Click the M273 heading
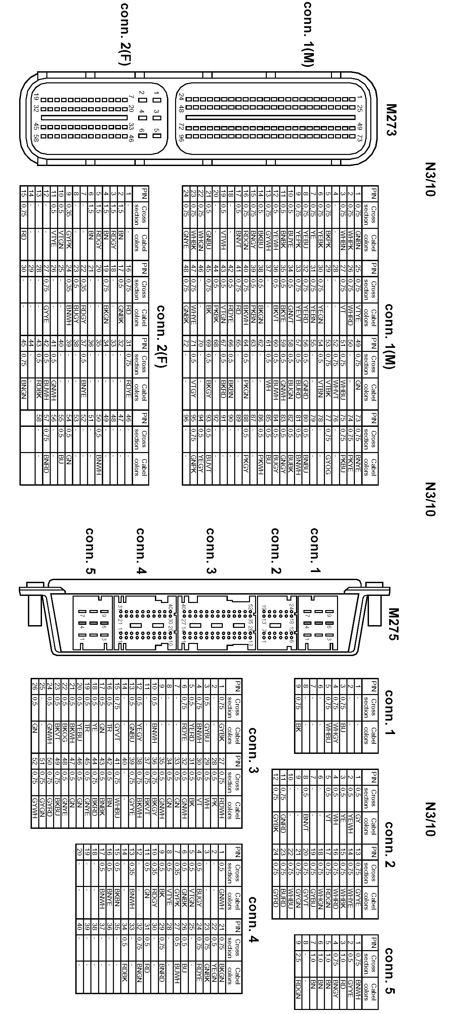pos(391,120)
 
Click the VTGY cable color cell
pos(193,389)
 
